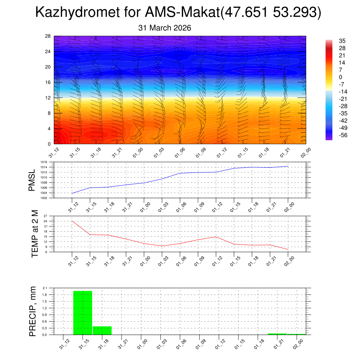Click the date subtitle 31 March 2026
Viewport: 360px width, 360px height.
[165, 28]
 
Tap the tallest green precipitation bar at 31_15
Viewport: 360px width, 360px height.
[83, 313]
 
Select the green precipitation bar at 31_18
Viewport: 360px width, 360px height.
[102, 330]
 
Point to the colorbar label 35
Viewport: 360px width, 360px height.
[342, 41]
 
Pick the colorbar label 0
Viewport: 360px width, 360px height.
[340, 77]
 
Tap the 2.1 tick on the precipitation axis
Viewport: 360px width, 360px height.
[45, 288]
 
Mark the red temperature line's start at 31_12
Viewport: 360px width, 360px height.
[72, 221]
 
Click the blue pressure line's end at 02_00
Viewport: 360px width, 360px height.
[288, 166]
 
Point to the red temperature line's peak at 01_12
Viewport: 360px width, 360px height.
[216, 237]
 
